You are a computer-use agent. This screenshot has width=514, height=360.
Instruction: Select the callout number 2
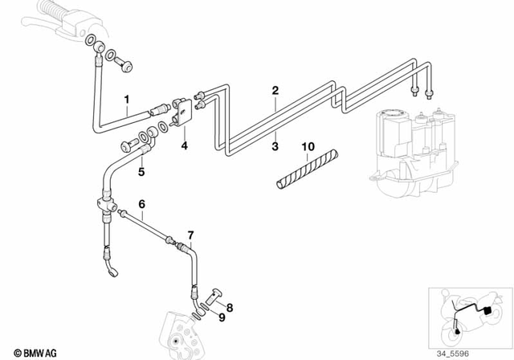pos(275,91)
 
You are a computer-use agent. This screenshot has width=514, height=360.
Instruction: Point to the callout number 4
pos(184,146)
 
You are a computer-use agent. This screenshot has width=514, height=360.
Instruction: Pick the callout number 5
pos(141,171)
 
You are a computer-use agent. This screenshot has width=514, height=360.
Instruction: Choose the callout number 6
pos(141,205)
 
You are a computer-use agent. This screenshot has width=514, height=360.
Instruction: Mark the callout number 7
pos(190,235)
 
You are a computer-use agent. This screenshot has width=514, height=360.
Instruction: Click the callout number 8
pos(230,307)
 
